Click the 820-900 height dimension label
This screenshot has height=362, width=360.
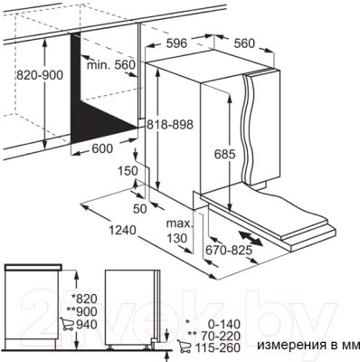click(40, 74)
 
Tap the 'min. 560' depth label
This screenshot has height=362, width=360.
click(110, 65)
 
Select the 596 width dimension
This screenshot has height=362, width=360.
click(176, 43)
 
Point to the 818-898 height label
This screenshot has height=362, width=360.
click(170, 124)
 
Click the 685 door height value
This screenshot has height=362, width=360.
click(224, 155)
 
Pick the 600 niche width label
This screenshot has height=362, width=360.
click(102, 148)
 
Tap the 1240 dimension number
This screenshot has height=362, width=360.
click(122, 231)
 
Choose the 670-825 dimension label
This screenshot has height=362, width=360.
click(229, 250)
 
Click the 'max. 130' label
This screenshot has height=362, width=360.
click(179, 231)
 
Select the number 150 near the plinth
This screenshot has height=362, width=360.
click(127, 171)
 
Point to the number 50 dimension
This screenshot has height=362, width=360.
click(139, 208)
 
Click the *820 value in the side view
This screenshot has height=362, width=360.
click(84, 299)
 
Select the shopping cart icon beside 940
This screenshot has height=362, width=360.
click(66, 324)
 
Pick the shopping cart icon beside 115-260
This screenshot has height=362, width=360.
click(184, 347)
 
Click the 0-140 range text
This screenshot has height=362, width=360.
click(224, 324)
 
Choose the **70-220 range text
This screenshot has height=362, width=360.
click(214, 336)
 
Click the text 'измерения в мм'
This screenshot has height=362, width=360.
click(308, 345)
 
